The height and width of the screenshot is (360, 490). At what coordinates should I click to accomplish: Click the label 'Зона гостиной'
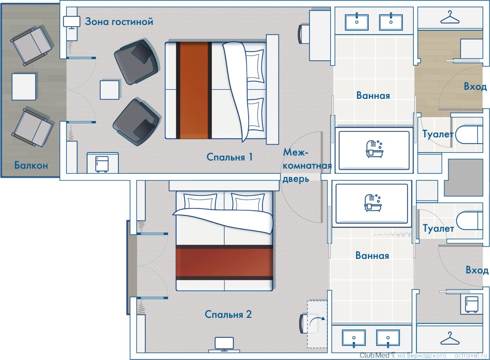click(x=119, y=22)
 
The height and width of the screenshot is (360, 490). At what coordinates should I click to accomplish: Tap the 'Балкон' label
click(x=31, y=165)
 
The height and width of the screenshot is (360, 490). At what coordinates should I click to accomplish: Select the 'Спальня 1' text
click(x=230, y=157)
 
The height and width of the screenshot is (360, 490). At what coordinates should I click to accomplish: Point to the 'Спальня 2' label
click(x=228, y=314)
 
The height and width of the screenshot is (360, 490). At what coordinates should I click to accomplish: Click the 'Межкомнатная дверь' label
click(x=307, y=165)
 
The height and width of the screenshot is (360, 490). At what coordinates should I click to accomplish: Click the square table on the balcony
click(x=24, y=87)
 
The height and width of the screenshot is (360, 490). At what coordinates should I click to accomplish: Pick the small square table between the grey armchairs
click(x=109, y=90)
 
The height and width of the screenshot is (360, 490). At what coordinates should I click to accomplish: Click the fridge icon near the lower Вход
click(x=471, y=304)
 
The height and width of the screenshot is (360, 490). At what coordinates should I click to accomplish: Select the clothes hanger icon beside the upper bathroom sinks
click(x=450, y=18)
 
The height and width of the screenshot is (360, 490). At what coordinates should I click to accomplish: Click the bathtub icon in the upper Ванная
click(x=374, y=149)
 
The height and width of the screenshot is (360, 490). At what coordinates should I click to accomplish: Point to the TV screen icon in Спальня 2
click(x=224, y=344)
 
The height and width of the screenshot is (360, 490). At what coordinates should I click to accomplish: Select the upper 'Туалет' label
click(x=437, y=134)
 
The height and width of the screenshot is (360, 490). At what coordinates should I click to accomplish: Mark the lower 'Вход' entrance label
click(x=477, y=270)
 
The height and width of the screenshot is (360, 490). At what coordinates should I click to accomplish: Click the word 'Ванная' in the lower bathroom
click(x=372, y=255)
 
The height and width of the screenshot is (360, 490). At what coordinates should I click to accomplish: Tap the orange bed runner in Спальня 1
click(x=194, y=90)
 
